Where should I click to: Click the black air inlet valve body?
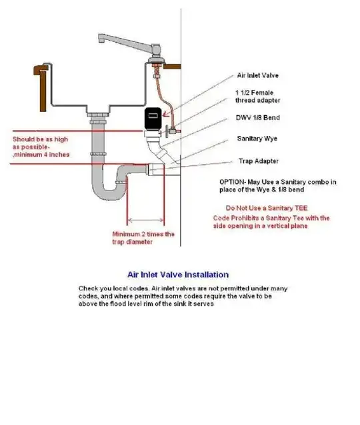click(x=153, y=118)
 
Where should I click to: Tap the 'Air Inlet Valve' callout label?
click(x=258, y=75)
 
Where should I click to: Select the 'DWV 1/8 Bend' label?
click(x=258, y=118)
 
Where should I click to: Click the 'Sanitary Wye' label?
click(x=257, y=139)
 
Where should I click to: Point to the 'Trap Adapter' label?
click(x=259, y=161)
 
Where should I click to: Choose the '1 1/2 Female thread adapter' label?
click(x=258, y=97)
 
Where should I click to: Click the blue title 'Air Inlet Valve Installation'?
click(x=178, y=274)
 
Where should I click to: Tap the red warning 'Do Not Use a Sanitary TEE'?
click(x=267, y=208)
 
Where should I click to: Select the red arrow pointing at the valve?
click(x=167, y=114)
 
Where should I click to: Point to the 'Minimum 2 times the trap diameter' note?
click(x=143, y=238)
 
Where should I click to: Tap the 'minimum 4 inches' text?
click(x=42, y=155)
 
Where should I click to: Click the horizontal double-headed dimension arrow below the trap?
click(x=146, y=220)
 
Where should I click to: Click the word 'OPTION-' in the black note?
click(x=232, y=182)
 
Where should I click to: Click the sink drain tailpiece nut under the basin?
click(x=97, y=115)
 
